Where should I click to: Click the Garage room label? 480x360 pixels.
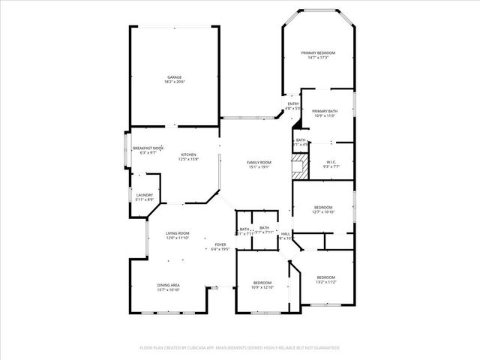174,77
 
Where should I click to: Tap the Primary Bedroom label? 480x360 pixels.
318,52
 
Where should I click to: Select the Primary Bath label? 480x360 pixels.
325,111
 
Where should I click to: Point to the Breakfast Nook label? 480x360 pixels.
148,148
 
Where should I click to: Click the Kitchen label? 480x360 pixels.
188,154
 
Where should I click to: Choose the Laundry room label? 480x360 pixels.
145,195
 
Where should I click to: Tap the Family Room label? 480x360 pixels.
259,162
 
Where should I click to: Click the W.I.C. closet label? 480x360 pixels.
331,162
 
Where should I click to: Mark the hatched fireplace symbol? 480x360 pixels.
299,166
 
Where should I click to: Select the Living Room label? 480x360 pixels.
178,233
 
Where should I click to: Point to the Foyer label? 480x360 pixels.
220,244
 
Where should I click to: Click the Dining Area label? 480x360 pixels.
168,285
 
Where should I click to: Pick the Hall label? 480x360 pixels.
285,234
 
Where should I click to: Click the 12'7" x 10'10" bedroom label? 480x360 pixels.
323,207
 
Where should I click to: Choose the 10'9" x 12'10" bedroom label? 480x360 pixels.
263,283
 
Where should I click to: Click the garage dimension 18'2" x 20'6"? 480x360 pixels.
174,82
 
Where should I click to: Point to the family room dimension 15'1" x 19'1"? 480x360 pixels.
259,167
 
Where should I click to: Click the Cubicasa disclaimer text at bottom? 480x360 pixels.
240,348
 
